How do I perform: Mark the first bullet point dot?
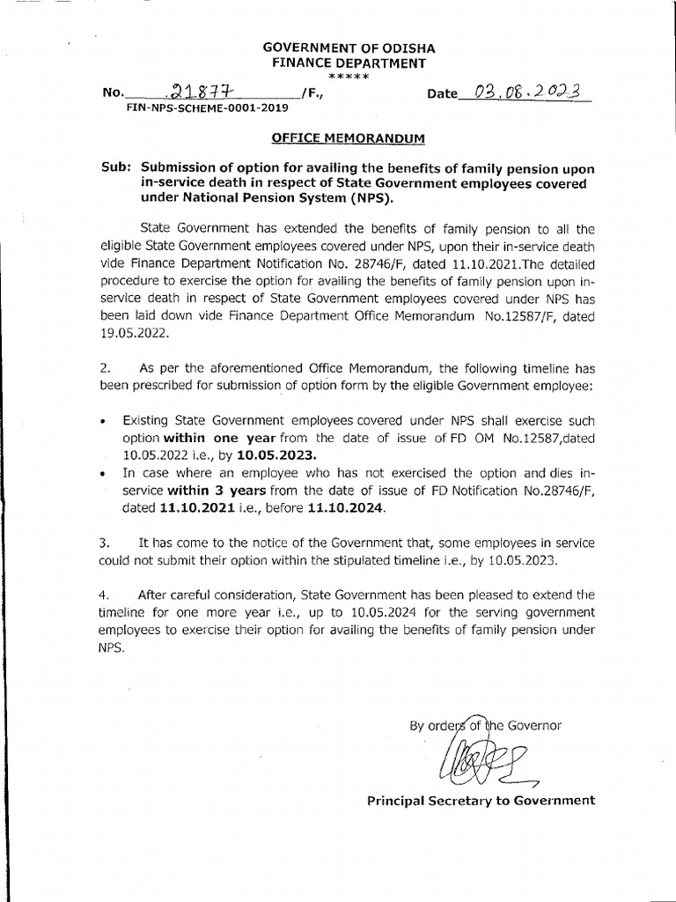click(104, 421)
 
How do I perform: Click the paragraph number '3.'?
click(104, 543)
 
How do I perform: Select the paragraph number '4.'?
click(104, 595)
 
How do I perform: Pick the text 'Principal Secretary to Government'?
click(481, 801)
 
